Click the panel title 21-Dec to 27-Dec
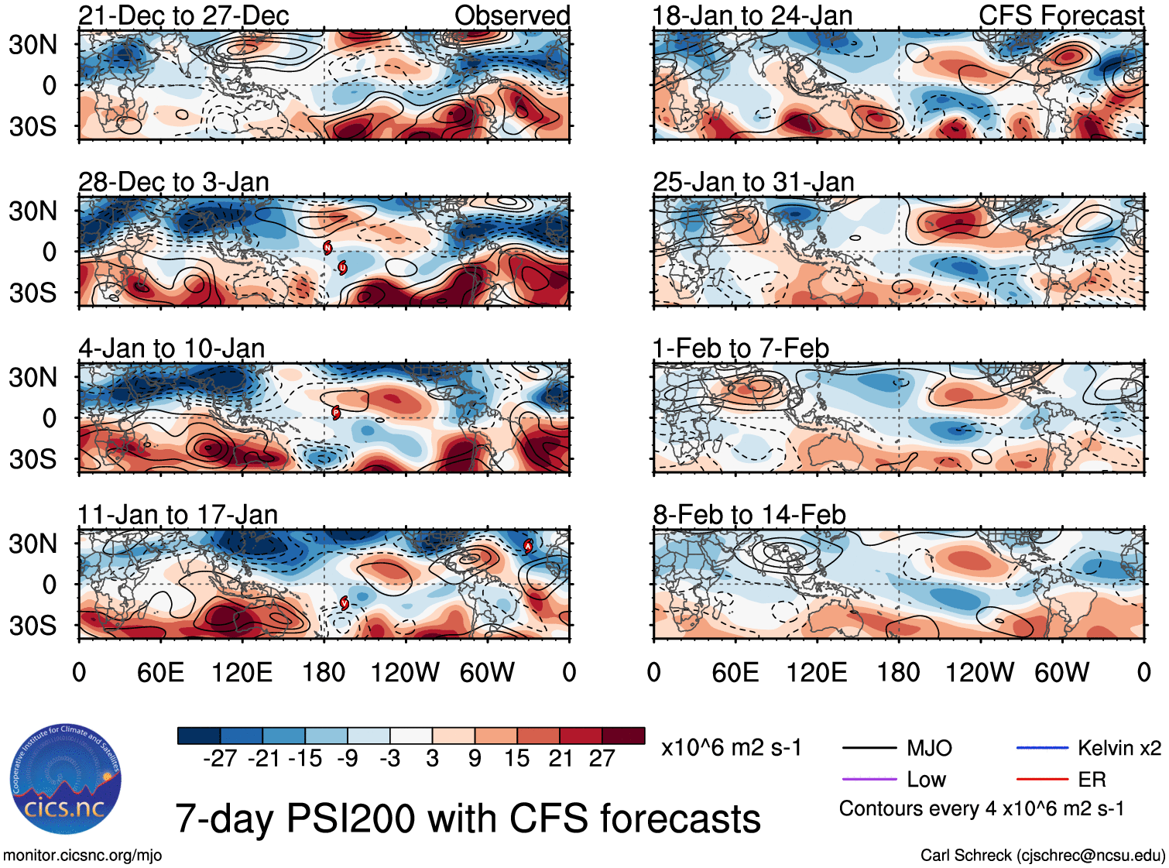(183, 15)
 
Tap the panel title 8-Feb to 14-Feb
(749, 514)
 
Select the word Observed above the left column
(512, 15)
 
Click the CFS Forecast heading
(1061, 15)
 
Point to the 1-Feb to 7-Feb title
(740, 348)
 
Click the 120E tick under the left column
(242, 672)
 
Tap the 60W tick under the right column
(1061, 672)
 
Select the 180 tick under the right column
(898, 672)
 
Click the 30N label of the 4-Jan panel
(33, 378)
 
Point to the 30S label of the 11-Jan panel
(33, 625)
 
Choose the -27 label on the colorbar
(220, 758)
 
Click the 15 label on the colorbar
(516, 758)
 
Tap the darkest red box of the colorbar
(623, 736)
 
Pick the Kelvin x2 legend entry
(1119, 748)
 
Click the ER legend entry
(1092, 779)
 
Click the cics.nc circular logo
(66, 780)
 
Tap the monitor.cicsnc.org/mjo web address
(82, 855)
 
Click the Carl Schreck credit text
(1042, 855)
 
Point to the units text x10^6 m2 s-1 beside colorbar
(731, 748)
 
